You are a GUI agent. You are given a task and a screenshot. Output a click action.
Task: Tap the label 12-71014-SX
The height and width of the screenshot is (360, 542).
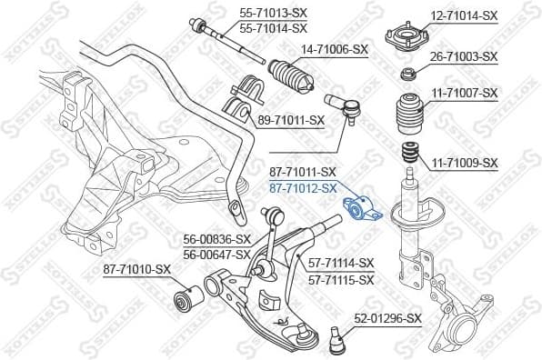464,15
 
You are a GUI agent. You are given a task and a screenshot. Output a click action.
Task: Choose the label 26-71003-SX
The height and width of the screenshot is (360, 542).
464,56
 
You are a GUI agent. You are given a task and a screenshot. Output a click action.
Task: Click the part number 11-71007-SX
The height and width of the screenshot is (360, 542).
464,93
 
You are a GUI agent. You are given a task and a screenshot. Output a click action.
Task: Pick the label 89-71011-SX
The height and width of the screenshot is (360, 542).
291,119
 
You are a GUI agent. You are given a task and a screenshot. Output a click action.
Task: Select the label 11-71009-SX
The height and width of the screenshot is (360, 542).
464,163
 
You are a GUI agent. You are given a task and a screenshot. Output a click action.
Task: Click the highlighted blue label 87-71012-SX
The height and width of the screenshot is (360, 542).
303,188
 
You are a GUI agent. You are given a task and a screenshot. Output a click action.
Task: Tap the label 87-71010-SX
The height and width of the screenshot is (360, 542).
137,269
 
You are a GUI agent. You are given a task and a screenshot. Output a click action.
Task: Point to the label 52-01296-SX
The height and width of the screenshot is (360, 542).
388,318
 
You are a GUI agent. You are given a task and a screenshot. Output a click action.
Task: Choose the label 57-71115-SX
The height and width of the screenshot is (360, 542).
340,279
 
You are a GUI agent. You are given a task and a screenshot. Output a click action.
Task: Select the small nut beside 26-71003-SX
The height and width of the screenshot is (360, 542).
407,73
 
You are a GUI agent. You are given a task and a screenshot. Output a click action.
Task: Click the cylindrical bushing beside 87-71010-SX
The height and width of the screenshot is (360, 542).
187,295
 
